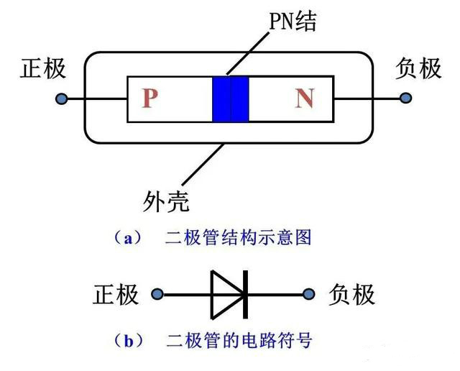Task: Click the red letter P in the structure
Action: [149, 99]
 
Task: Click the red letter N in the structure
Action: [305, 99]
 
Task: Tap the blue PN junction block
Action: [231, 99]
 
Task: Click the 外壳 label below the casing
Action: [166, 202]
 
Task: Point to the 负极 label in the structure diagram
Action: [418, 69]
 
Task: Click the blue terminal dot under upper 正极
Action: [62, 99]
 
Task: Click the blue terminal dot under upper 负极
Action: [406, 98]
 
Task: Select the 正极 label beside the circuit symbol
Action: [116, 294]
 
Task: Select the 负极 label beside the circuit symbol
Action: [351, 294]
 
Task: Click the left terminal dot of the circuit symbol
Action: [158, 294]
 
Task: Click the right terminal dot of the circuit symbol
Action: [310, 294]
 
